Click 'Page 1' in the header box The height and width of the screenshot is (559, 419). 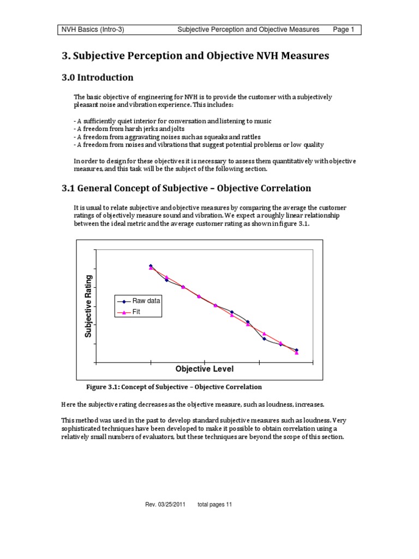344,29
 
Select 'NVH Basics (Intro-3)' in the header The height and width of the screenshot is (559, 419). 92,29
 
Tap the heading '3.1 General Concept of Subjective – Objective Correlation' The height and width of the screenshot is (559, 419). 185,188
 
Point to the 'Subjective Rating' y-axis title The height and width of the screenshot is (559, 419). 88,306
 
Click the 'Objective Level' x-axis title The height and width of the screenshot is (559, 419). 204,370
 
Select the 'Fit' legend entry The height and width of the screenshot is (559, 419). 136,312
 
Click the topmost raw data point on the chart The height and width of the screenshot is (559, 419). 151,266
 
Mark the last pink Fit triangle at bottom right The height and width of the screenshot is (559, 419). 297,353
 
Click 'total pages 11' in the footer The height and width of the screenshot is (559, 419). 215,504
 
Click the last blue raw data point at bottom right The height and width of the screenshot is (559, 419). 297,350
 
